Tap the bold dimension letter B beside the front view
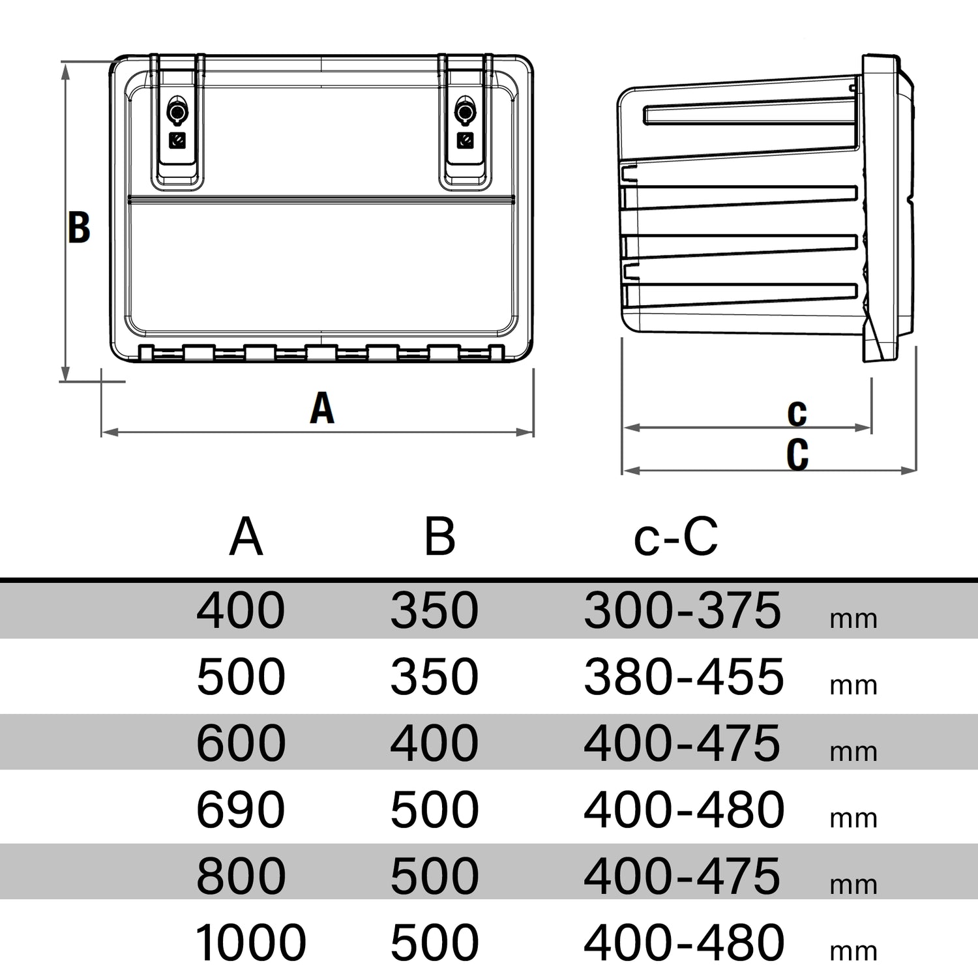(80, 228)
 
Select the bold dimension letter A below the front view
(322, 409)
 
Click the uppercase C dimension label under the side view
(797, 454)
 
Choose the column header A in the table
(246, 537)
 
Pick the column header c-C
(675, 537)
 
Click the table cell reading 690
(241, 810)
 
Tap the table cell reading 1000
(250, 942)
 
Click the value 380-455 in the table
(683, 677)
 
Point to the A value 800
(241, 876)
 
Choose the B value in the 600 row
(434, 743)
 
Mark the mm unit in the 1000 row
(853, 951)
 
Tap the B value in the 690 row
(434, 810)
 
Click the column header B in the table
(439, 537)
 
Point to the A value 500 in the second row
(241, 677)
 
